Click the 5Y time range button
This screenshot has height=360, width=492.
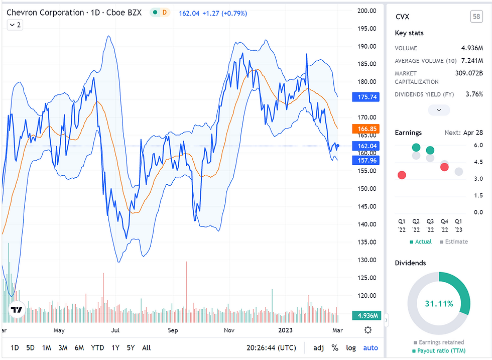pyautogui.click(x=131, y=347)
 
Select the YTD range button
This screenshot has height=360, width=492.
pyautogui.click(x=97, y=347)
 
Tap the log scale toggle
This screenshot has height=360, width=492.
pyautogui.click(x=351, y=347)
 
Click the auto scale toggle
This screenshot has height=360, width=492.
pyautogui.click(x=371, y=347)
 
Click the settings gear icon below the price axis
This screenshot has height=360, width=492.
pyautogui.click(x=368, y=330)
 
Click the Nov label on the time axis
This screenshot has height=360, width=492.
pyautogui.click(x=229, y=330)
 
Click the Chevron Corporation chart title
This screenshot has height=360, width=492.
pyautogui.click(x=45, y=12)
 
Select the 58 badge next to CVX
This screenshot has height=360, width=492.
pyautogui.click(x=476, y=17)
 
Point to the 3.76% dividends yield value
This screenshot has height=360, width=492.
pyautogui.click(x=473, y=94)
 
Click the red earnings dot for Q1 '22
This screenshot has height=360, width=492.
pyautogui.click(x=402, y=175)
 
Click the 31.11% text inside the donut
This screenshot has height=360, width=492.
pyautogui.click(x=439, y=304)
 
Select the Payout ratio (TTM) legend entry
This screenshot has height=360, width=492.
pyautogui.click(x=439, y=350)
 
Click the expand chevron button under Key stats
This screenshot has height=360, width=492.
pyautogui.click(x=439, y=110)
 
